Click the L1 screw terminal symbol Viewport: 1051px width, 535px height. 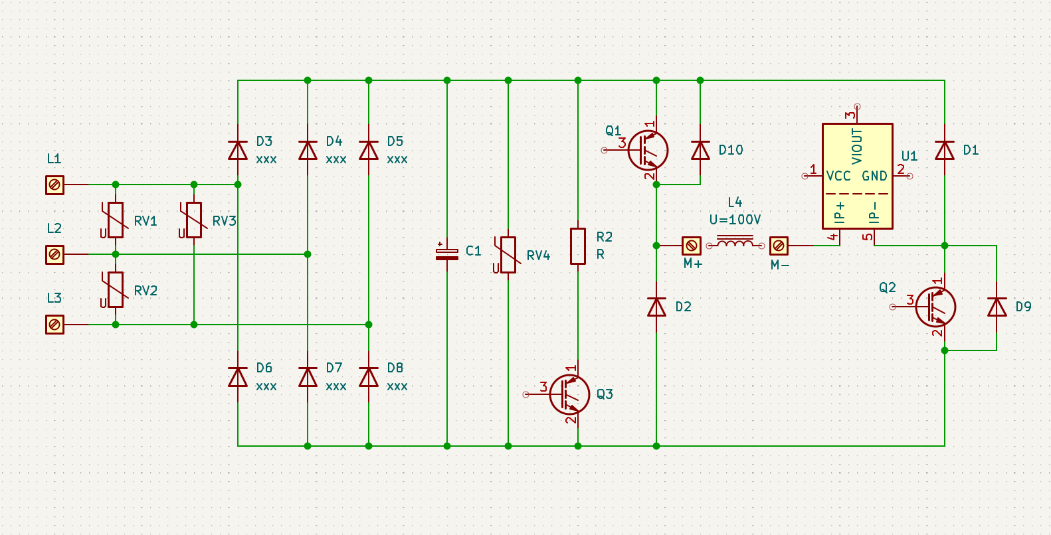(54, 185)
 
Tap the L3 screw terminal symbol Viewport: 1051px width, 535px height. (54, 325)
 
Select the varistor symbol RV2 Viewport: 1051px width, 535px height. (115, 290)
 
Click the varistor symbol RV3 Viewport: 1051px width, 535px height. (193, 220)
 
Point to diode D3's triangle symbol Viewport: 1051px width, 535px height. (238, 151)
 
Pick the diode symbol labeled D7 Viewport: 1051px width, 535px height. (308, 377)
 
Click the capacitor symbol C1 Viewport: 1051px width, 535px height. (447, 254)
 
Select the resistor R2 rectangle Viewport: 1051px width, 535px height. (578, 246)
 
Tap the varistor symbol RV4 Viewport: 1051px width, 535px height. (508, 255)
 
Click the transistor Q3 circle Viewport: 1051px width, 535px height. (569, 395)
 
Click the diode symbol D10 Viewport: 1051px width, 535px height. (700, 151)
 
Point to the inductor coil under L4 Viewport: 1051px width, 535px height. (735, 242)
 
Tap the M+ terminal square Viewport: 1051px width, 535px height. (691, 246)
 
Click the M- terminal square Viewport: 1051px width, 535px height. (779, 246)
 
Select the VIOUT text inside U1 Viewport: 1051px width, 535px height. (857, 146)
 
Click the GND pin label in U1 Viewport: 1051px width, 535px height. (874, 177)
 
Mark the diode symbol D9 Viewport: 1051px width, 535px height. (997, 307)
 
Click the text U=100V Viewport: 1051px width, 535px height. (735, 220)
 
